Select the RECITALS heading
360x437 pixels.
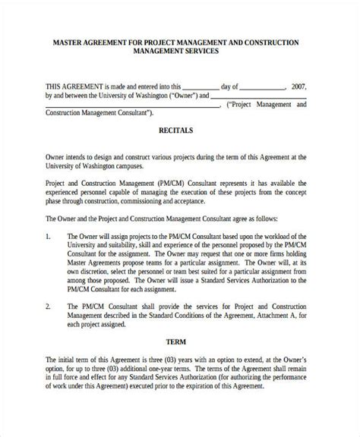pos(175,130)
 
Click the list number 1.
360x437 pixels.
pos(49,237)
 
